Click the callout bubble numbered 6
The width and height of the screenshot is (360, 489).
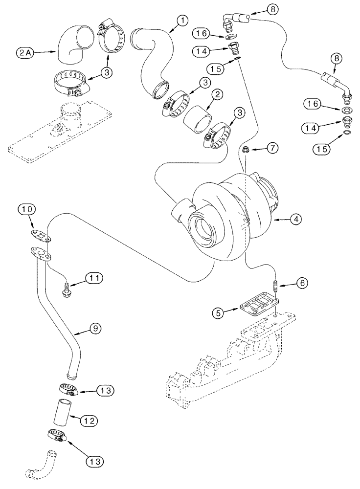300,283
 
